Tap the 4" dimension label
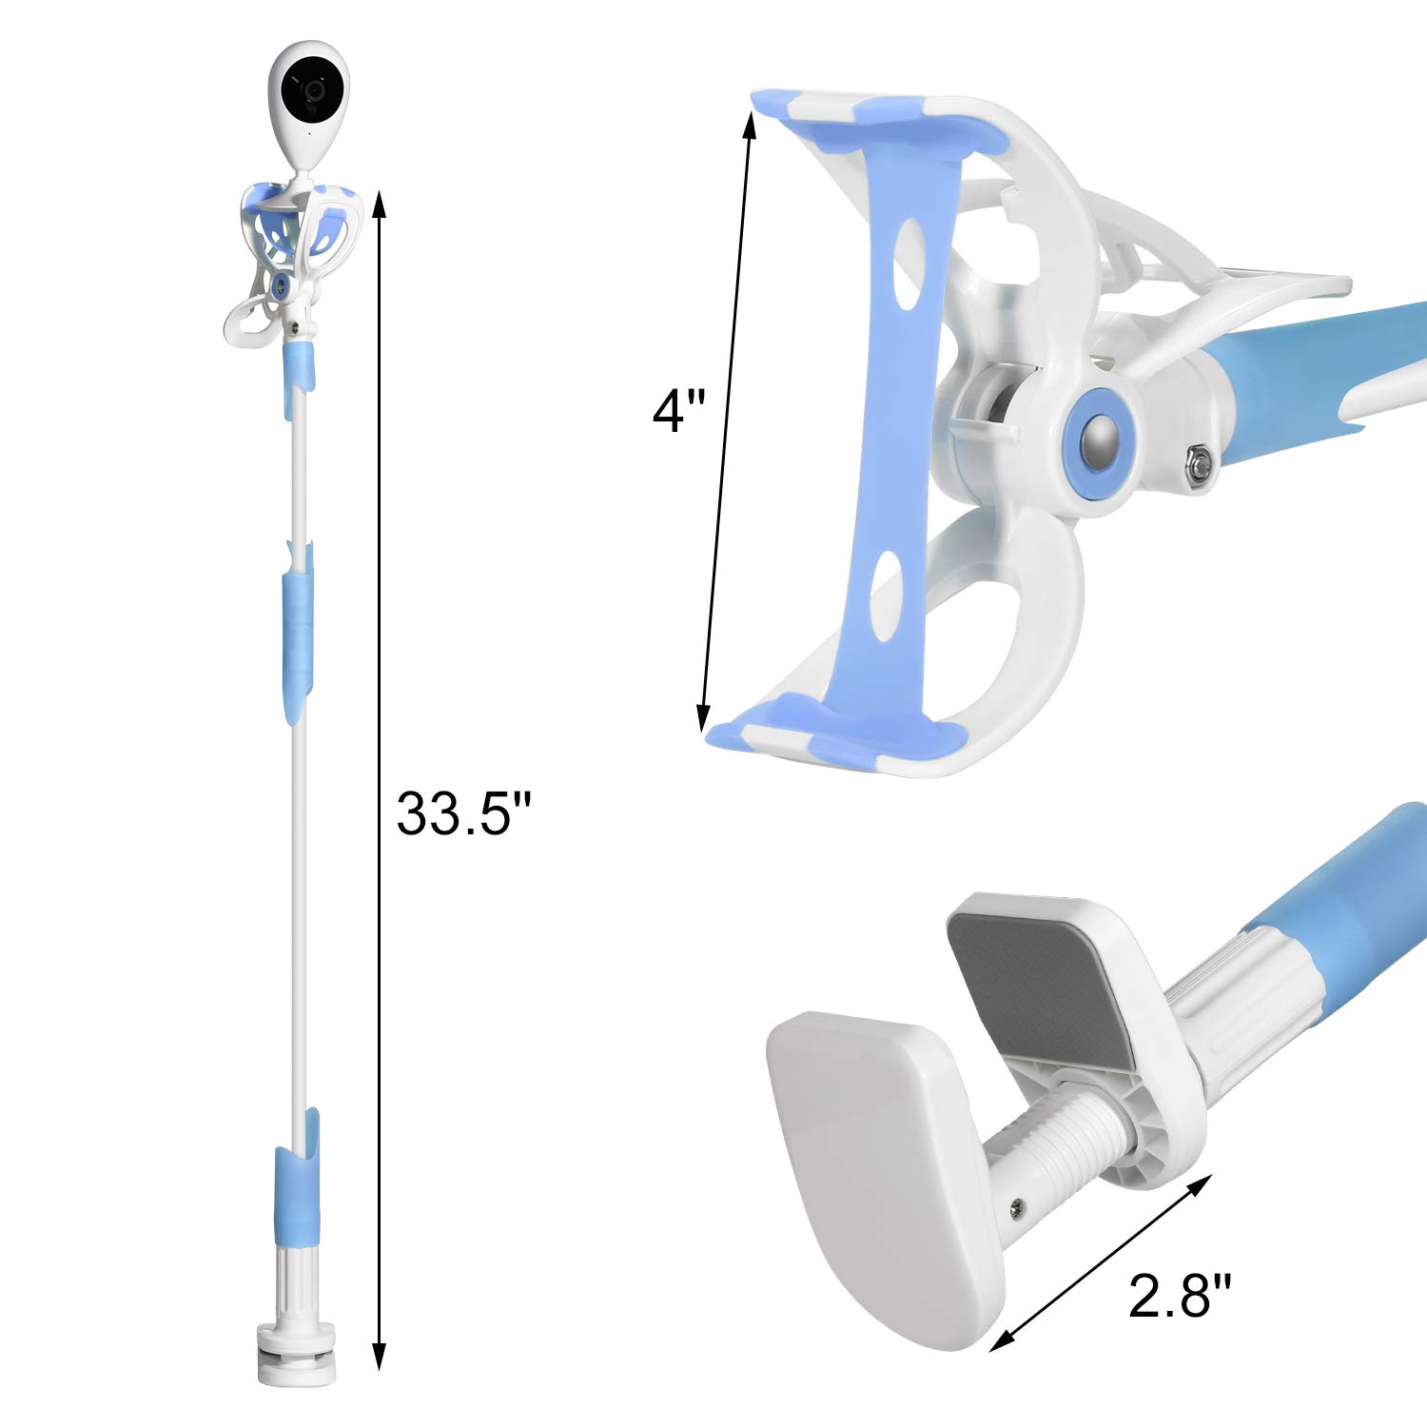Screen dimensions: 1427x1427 (x=678, y=411)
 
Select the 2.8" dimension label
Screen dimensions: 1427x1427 (x=1179, y=1296)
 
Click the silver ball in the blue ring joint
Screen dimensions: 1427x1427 (x=1102, y=440)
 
